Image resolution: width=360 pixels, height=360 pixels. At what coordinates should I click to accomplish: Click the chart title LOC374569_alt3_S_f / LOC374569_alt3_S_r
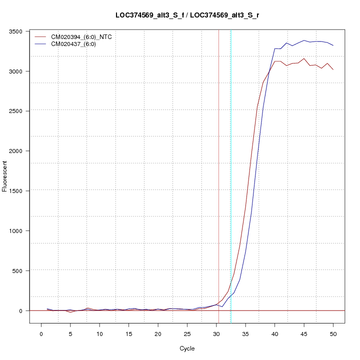[x=187, y=15]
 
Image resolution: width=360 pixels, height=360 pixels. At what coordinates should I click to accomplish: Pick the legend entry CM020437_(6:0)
[x=77, y=44]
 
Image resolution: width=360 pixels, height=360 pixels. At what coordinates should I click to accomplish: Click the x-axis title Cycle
[x=187, y=348]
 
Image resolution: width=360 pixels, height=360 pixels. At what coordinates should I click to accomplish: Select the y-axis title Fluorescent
[x=5, y=176]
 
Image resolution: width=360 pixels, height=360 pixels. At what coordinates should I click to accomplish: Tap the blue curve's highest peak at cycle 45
[x=304, y=40]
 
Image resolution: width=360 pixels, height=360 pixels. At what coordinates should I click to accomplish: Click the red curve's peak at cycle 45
[x=304, y=58]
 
